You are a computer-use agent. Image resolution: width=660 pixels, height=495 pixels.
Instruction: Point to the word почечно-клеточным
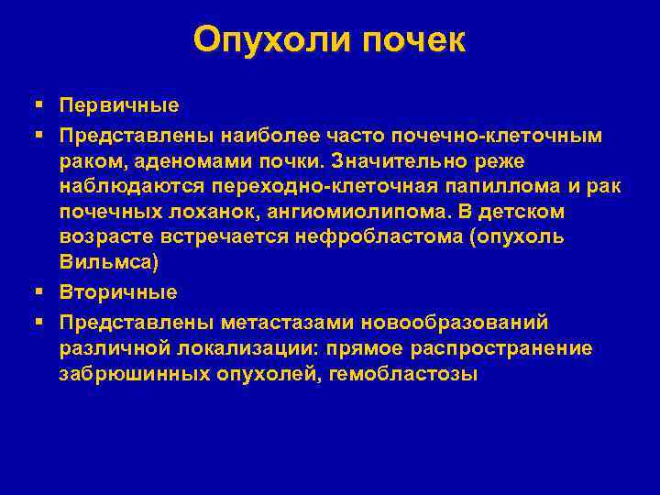[x=497, y=136]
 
